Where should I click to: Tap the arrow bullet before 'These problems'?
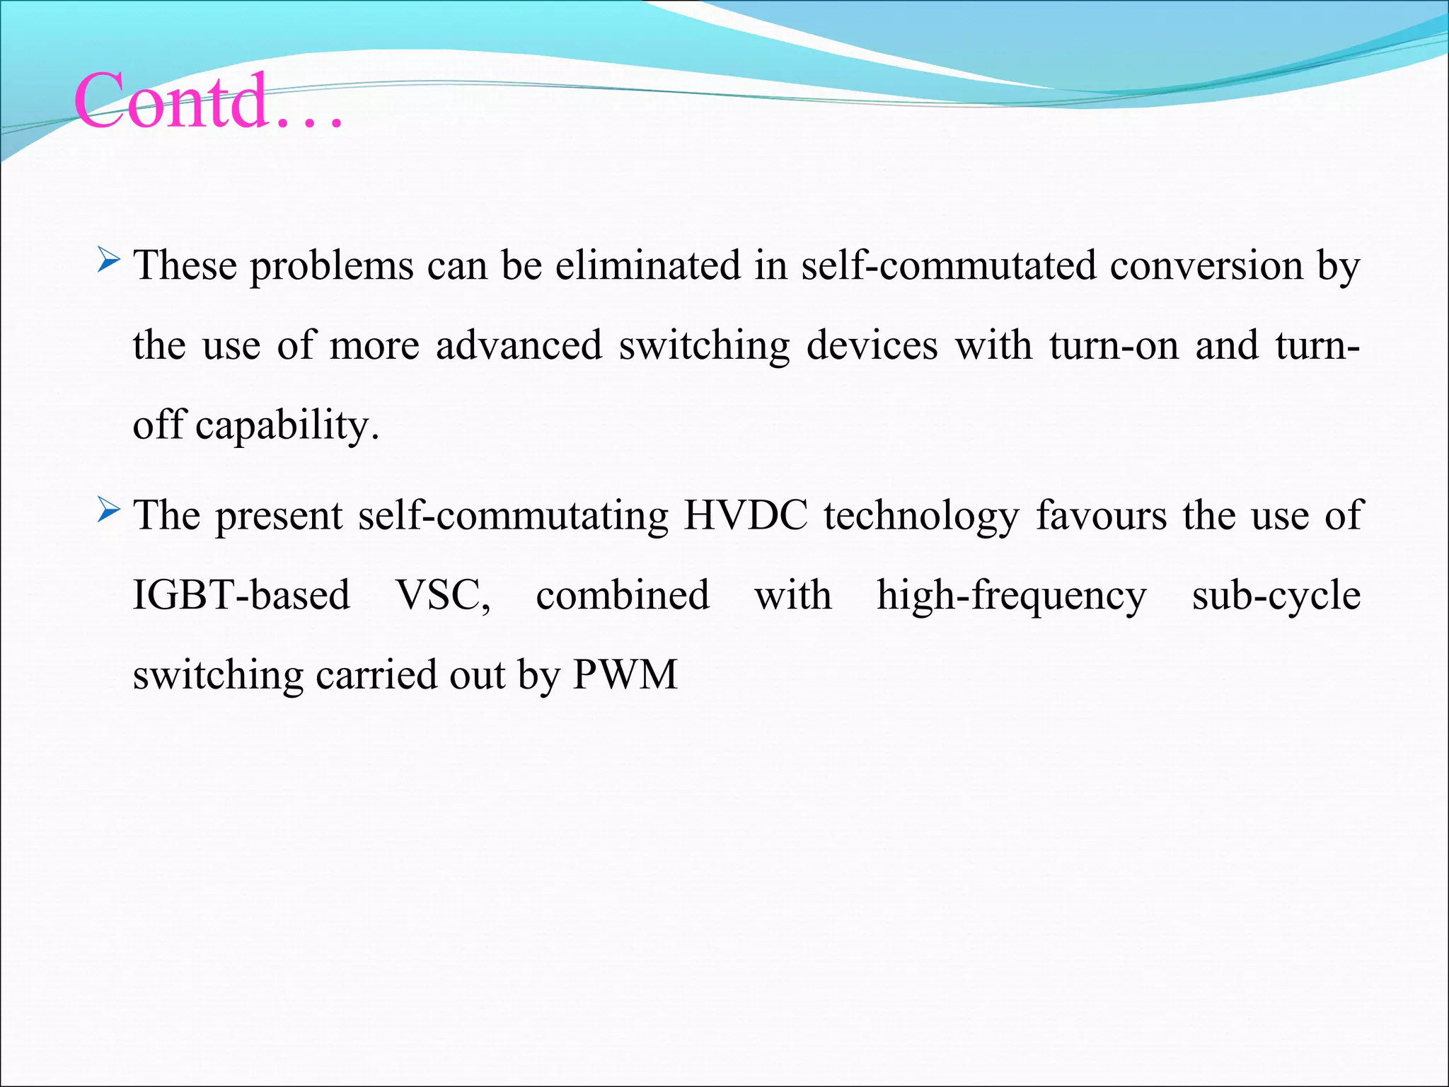(109, 260)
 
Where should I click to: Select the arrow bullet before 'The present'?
(109, 510)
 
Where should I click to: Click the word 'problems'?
(332, 267)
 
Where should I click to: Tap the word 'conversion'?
(1206, 267)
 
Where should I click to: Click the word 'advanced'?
(519, 346)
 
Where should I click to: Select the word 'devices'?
(872, 346)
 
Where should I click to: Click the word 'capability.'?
(287, 427)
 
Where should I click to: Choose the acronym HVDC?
(746, 515)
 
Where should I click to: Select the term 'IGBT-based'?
(241, 595)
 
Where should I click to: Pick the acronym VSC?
(443, 595)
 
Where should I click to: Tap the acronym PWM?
(625, 675)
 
